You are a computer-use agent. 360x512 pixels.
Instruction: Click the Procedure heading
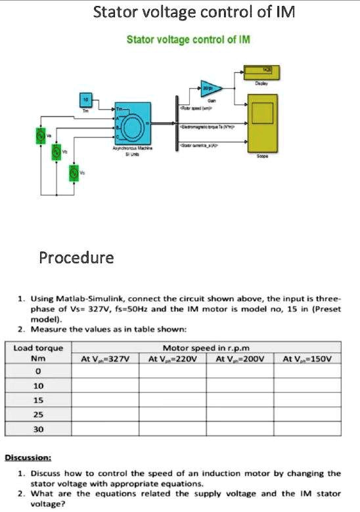point(76,257)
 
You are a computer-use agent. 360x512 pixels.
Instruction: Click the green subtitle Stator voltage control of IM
point(189,40)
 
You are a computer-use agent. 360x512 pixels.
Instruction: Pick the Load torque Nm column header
point(39,353)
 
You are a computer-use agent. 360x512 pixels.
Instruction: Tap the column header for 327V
point(104,358)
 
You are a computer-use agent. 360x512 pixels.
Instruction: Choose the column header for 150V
point(307,358)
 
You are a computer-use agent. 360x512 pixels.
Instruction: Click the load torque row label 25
point(39,415)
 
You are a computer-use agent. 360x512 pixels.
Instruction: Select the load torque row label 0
point(39,372)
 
